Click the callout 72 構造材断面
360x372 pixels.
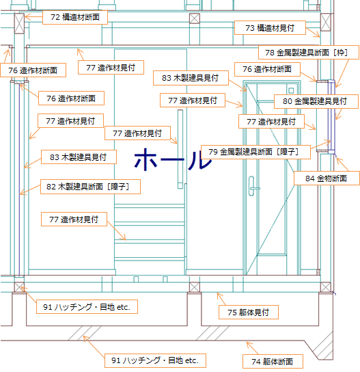(x=75, y=17)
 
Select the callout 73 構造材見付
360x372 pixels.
(x=270, y=28)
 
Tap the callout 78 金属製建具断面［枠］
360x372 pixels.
(x=309, y=53)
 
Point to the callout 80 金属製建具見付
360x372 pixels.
(x=316, y=101)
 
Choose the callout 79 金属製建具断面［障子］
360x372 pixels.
(x=255, y=152)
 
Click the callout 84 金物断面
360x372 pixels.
(x=327, y=178)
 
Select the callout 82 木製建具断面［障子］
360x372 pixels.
(x=90, y=187)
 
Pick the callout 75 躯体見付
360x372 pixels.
(x=249, y=313)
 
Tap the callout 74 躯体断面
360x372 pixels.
(x=273, y=362)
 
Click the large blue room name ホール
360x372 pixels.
(x=174, y=159)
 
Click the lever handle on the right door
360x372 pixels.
(x=253, y=187)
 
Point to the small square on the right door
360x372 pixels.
(x=291, y=90)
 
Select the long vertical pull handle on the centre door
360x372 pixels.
(x=180, y=149)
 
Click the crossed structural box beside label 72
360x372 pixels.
(x=19, y=23)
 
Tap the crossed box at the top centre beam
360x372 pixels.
(x=195, y=18)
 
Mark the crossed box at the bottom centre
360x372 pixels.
(x=195, y=287)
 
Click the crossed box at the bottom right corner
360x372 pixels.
(x=326, y=287)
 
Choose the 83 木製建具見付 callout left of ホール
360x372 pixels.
(x=79, y=157)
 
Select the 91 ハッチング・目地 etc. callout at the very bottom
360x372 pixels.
(x=155, y=361)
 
